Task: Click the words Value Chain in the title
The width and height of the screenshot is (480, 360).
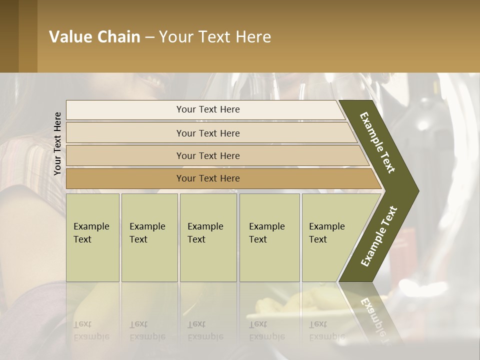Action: click(x=94, y=37)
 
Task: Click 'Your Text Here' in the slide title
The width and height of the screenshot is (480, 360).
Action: click(x=215, y=37)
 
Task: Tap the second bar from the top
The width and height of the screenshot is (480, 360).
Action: click(x=208, y=133)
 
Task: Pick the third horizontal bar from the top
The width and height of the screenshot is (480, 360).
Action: click(x=208, y=155)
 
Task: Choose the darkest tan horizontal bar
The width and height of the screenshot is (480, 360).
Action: click(x=208, y=178)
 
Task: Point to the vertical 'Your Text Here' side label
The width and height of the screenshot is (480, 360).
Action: click(x=57, y=143)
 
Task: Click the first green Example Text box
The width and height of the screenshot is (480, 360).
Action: click(x=92, y=237)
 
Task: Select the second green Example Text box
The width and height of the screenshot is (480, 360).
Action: click(x=149, y=237)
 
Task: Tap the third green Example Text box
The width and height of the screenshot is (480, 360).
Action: click(x=207, y=237)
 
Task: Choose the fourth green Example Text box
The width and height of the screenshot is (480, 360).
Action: click(x=269, y=237)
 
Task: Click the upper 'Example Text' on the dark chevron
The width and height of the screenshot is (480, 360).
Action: click(x=378, y=142)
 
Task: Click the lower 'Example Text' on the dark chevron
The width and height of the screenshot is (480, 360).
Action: click(x=379, y=236)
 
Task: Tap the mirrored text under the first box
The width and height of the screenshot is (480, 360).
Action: click(x=91, y=330)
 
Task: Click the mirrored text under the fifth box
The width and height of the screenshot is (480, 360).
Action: click(x=327, y=330)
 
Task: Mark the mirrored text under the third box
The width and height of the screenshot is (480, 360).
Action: click(x=205, y=330)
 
